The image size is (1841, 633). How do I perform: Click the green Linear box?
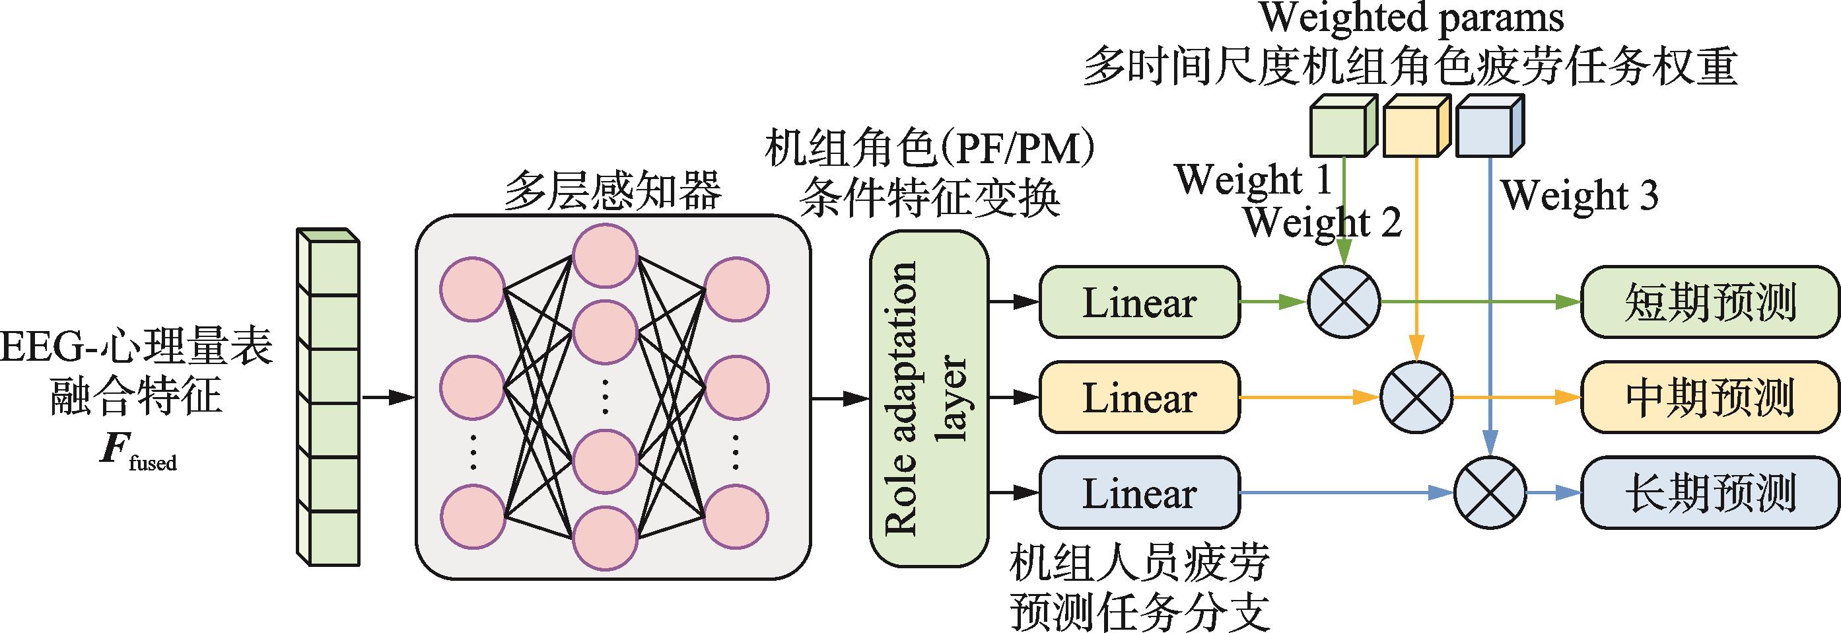[1139, 302]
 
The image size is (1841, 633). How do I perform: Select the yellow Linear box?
[1139, 397]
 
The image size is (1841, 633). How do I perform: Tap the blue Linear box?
[1139, 494]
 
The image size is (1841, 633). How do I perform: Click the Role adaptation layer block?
[928, 398]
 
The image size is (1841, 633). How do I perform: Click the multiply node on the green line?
[1344, 301]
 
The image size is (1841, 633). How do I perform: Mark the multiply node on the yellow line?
[1416, 397]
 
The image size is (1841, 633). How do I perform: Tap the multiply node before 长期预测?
[1490, 493]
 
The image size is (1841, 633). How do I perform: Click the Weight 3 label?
[1579, 194]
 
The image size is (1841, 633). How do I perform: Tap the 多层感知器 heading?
[613, 191]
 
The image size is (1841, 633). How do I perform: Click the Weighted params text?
[1412, 19]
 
